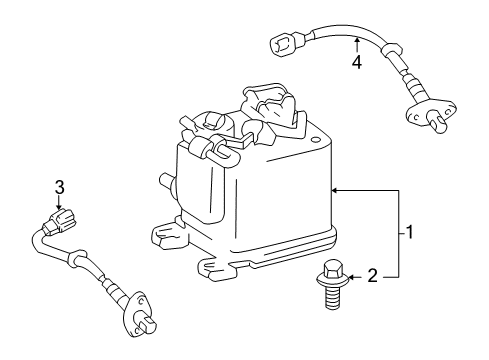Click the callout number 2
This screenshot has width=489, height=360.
372,275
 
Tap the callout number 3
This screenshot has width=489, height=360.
60,187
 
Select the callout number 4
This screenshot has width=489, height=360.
356,62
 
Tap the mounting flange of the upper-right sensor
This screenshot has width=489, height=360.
423,116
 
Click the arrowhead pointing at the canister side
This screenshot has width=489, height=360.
336,188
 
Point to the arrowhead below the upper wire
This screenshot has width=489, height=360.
356,40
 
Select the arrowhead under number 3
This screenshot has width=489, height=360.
60,205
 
